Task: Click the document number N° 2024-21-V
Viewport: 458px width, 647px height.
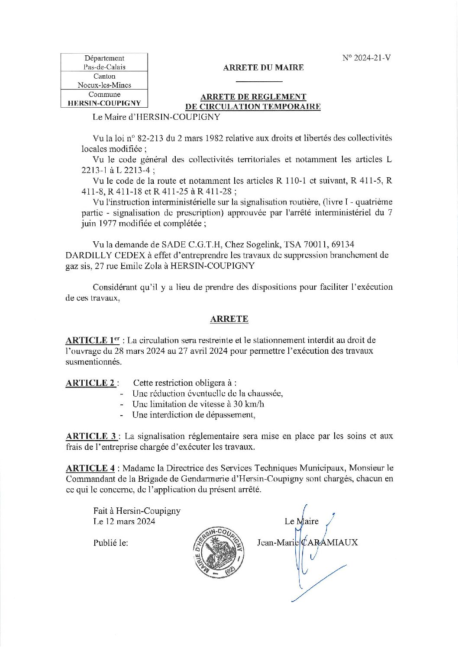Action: (x=366, y=58)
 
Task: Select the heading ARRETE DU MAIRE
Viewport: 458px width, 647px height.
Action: (x=263, y=67)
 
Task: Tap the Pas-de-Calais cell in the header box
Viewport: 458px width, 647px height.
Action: (x=104, y=67)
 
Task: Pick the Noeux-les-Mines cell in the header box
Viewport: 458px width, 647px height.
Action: (x=104, y=85)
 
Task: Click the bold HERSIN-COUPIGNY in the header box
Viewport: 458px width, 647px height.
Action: (x=104, y=103)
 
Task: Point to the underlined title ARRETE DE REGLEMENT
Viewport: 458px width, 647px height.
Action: (x=253, y=97)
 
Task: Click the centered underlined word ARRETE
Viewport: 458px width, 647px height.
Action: (x=229, y=319)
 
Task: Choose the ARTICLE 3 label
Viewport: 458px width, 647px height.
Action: (x=91, y=436)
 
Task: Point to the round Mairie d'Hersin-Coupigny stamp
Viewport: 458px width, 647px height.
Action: (x=218, y=552)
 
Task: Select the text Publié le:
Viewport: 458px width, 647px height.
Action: (x=110, y=542)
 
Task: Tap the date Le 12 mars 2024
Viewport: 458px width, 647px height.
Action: (x=124, y=521)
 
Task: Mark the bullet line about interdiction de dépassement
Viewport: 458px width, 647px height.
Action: (x=194, y=415)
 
